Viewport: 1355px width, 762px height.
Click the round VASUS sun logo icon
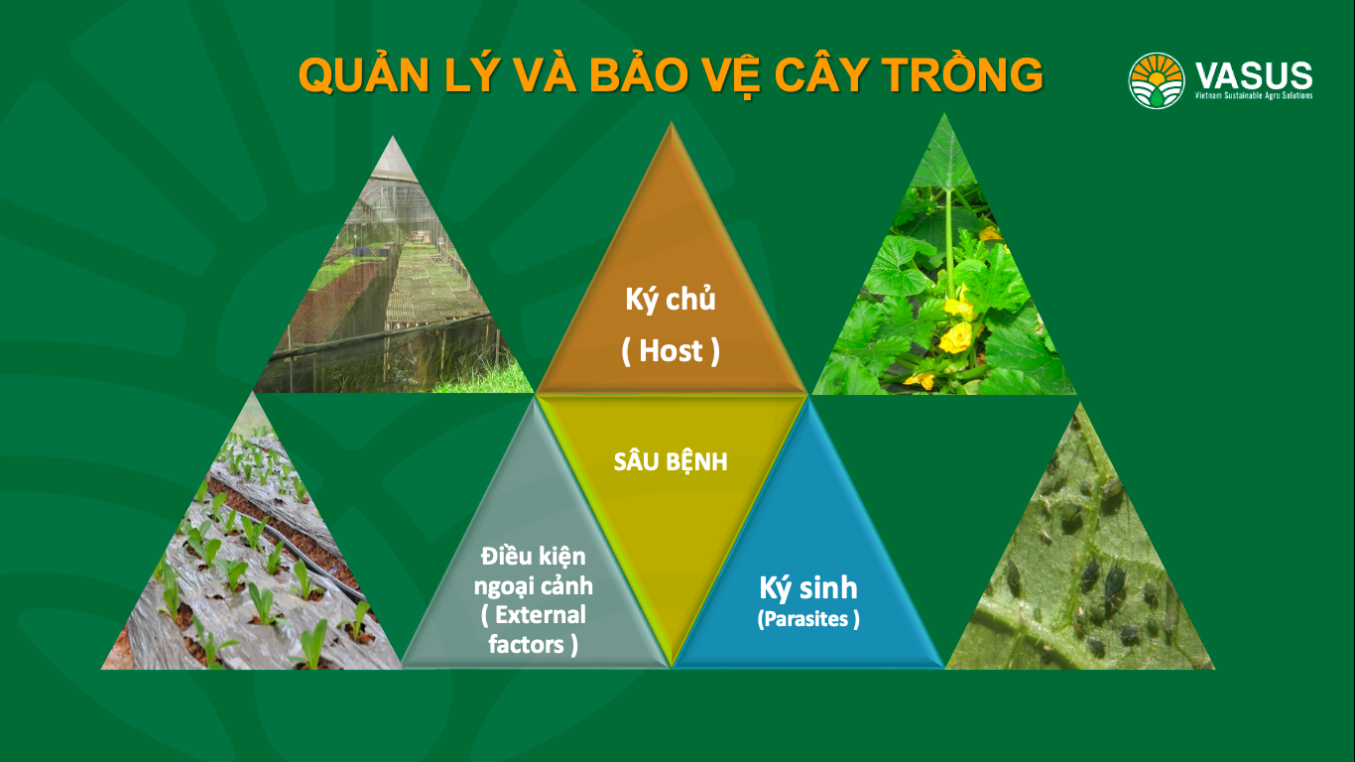click(1156, 80)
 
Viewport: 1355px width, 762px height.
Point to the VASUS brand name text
click(1254, 75)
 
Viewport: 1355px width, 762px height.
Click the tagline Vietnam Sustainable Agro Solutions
click(1254, 95)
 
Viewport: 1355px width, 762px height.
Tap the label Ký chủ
click(671, 301)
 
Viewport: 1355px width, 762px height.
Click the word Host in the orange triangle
click(671, 351)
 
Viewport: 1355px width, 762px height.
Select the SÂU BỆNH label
click(671, 461)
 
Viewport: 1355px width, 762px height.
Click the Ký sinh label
click(808, 587)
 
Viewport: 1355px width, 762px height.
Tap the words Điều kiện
click(533, 557)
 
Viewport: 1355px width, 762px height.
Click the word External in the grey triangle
click(541, 615)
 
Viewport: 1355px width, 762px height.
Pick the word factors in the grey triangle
click(527, 644)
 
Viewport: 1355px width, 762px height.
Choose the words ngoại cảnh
click(533, 585)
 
